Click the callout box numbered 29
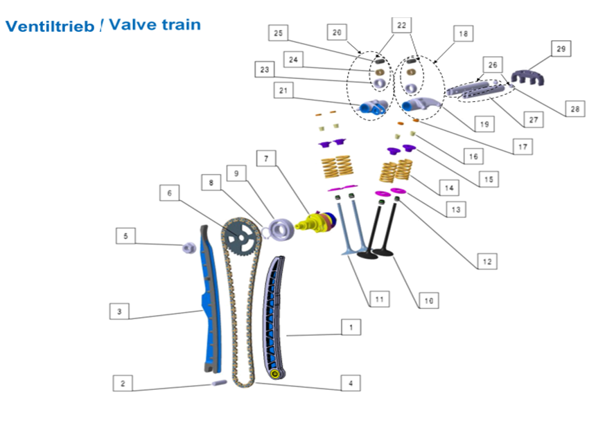click(560, 48)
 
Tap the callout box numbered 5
click(125, 236)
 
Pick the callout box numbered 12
click(486, 261)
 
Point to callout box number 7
click(265, 159)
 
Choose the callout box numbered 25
click(279, 33)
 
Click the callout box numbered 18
click(462, 33)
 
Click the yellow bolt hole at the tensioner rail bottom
click(277, 375)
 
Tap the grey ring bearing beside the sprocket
click(281, 229)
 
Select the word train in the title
click(179, 25)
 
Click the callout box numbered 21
click(283, 90)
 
